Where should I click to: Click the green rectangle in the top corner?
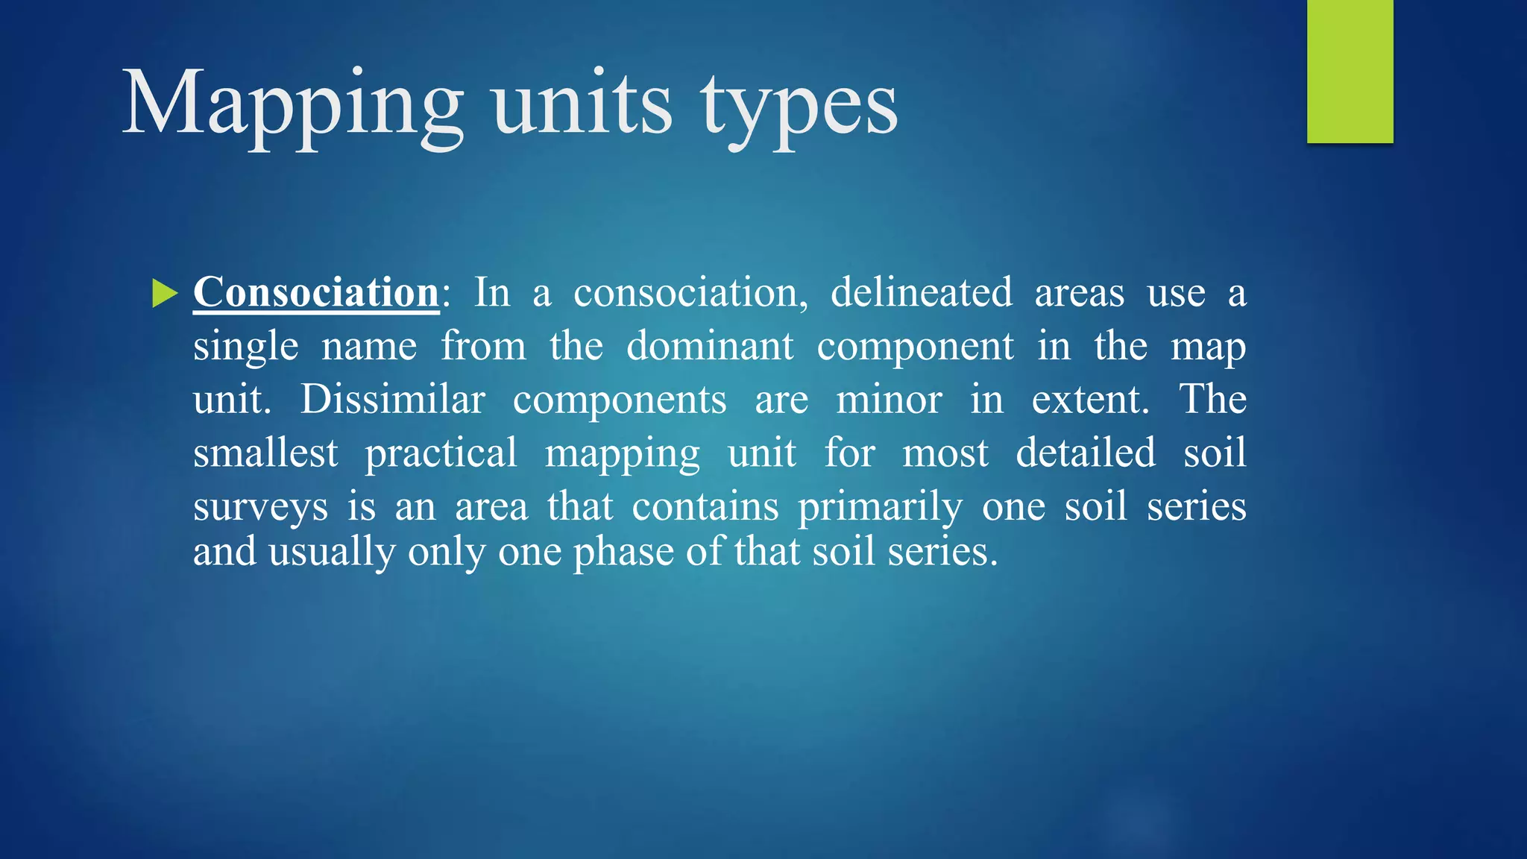click(x=1350, y=71)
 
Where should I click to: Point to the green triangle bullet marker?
click(x=164, y=293)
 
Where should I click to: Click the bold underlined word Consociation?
click(x=316, y=292)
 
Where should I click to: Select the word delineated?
click(x=922, y=292)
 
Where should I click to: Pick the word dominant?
click(x=710, y=346)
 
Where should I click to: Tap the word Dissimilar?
click(x=393, y=400)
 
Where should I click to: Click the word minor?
click(x=889, y=400)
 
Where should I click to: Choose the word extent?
click(x=1090, y=400)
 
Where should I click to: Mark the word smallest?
click(x=265, y=453)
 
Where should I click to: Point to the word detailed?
click(x=1086, y=453)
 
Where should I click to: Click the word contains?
click(x=705, y=507)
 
